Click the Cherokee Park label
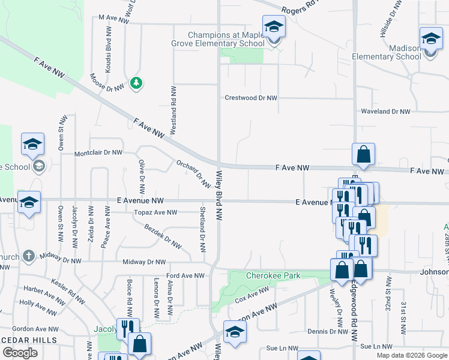tap(273, 276)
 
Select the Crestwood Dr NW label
tap(251, 98)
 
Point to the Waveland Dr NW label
tap(385, 112)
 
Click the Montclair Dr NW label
tap(98, 154)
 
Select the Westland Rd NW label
tap(173, 109)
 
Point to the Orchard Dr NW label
tap(193, 173)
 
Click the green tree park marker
tap(137, 83)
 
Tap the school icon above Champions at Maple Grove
tap(274, 26)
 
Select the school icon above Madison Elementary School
tap(430, 39)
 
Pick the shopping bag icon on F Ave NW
tap(364, 155)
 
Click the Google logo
tap(20, 353)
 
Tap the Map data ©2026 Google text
tap(411, 355)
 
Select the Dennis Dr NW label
tap(324, 331)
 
